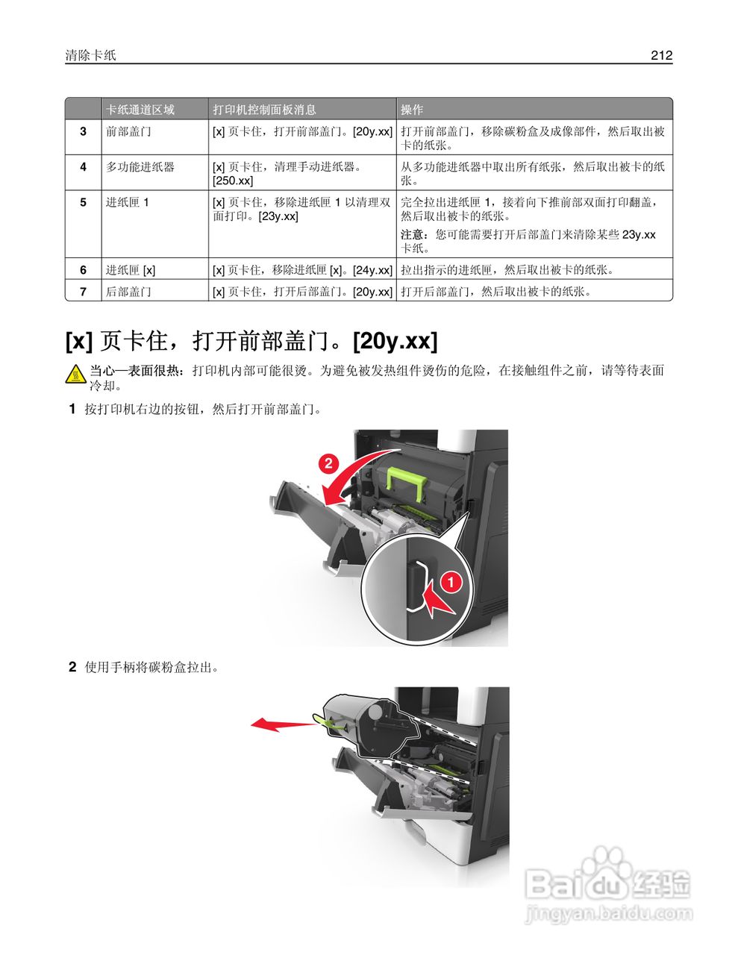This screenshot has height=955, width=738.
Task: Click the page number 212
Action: pyautogui.click(x=660, y=55)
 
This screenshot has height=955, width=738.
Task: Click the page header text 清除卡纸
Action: pyautogui.click(x=90, y=55)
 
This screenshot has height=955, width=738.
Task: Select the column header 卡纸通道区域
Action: pyautogui.click(x=140, y=110)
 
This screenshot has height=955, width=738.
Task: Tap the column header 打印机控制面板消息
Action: pyautogui.click(x=264, y=110)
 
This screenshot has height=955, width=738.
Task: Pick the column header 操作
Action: pyautogui.click(x=412, y=110)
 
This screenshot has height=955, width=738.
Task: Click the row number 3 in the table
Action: pyautogui.click(x=83, y=131)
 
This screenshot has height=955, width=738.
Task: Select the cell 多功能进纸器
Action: pyautogui.click(x=140, y=167)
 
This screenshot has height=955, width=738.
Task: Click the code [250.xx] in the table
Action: pyautogui.click(x=233, y=181)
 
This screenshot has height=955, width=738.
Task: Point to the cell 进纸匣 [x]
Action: pyautogui.click(x=131, y=270)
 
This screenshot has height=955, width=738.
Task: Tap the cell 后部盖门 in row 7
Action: pyautogui.click(x=128, y=292)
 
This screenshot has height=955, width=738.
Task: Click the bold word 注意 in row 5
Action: pyautogui.click(x=412, y=234)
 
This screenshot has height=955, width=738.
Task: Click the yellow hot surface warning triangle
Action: pyautogui.click(x=75, y=375)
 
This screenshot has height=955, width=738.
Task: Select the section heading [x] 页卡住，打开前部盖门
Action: pyautogui.click(x=251, y=341)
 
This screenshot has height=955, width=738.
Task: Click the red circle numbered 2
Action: pyautogui.click(x=328, y=463)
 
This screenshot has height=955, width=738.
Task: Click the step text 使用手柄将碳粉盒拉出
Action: pyautogui.click(x=151, y=667)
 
